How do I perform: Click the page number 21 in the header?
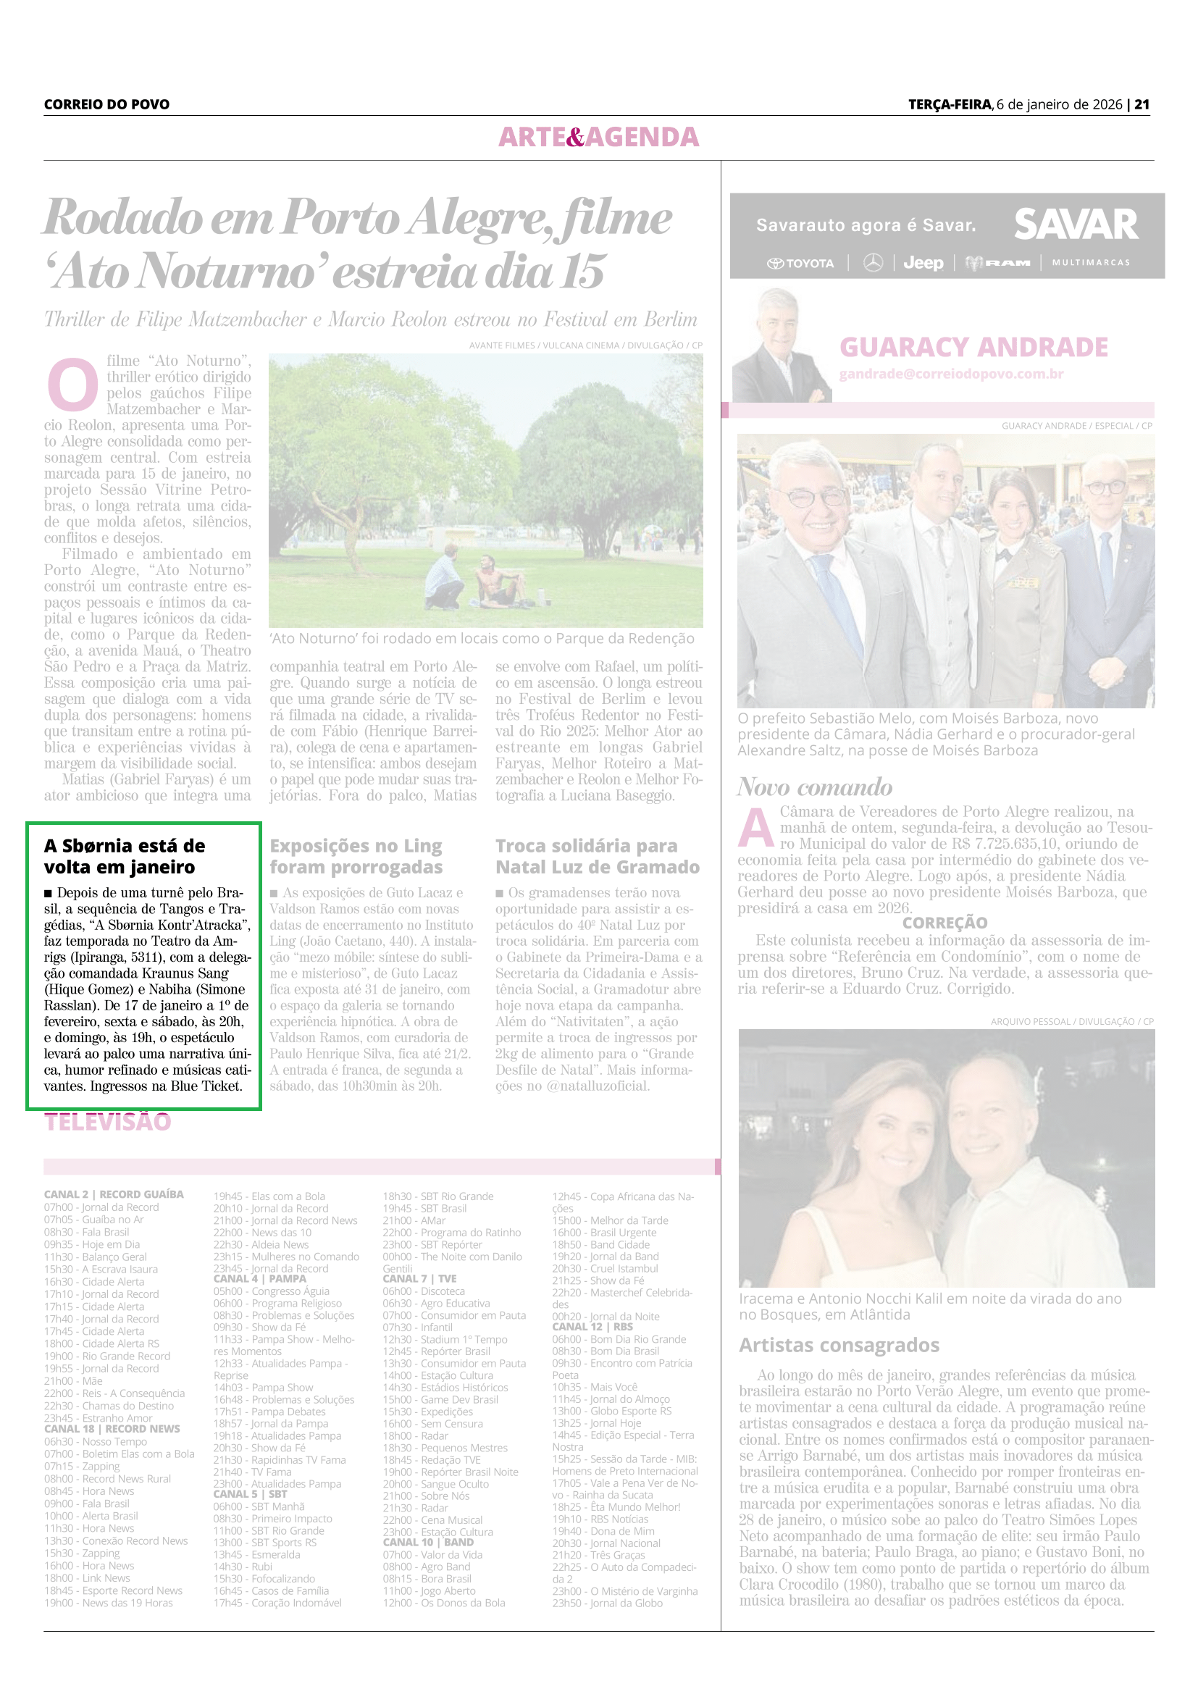click(x=1142, y=104)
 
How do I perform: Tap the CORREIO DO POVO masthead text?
click(x=106, y=104)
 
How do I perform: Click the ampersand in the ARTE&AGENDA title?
click(x=574, y=137)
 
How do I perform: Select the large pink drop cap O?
click(x=72, y=385)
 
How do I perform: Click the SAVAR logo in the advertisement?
click(x=1076, y=225)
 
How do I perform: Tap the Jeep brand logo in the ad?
click(x=923, y=263)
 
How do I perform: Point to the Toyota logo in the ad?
click(x=800, y=264)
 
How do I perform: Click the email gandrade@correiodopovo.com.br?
click(x=951, y=374)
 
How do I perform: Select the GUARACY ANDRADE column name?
click(x=973, y=347)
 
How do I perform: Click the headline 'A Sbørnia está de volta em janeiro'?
click(x=124, y=856)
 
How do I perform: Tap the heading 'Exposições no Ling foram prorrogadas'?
click(x=356, y=856)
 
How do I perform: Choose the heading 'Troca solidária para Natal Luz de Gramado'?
click(x=597, y=856)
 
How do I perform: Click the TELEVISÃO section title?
click(x=108, y=1122)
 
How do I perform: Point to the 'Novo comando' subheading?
click(x=814, y=787)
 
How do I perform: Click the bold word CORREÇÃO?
click(x=944, y=922)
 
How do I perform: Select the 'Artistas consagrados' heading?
click(x=839, y=1345)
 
